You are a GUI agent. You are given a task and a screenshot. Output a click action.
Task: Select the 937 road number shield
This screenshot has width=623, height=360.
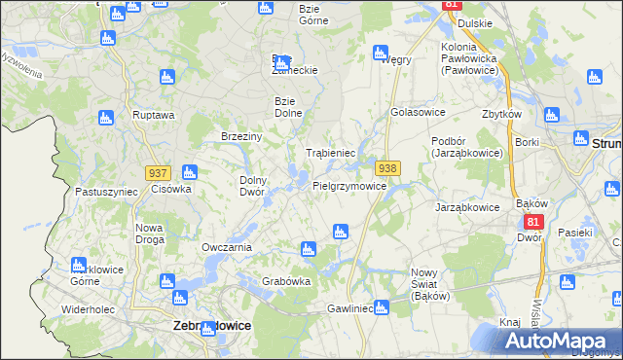point(159,172)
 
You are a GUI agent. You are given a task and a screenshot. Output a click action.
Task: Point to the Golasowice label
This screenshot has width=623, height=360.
point(417,112)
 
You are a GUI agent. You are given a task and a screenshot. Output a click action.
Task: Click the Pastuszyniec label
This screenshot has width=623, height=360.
point(106,193)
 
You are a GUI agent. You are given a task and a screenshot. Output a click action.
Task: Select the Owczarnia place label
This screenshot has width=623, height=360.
point(227,247)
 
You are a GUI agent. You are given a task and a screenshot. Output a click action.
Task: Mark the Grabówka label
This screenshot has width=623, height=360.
point(286,282)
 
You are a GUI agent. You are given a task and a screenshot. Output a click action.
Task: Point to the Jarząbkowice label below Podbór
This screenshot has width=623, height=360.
point(467,207)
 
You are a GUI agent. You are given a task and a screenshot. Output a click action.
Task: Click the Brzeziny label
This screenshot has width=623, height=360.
point(242,136)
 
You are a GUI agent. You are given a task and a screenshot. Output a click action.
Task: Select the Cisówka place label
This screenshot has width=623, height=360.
point(170,189)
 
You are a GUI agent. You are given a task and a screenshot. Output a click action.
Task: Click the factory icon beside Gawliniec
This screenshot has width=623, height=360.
point(382,307)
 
